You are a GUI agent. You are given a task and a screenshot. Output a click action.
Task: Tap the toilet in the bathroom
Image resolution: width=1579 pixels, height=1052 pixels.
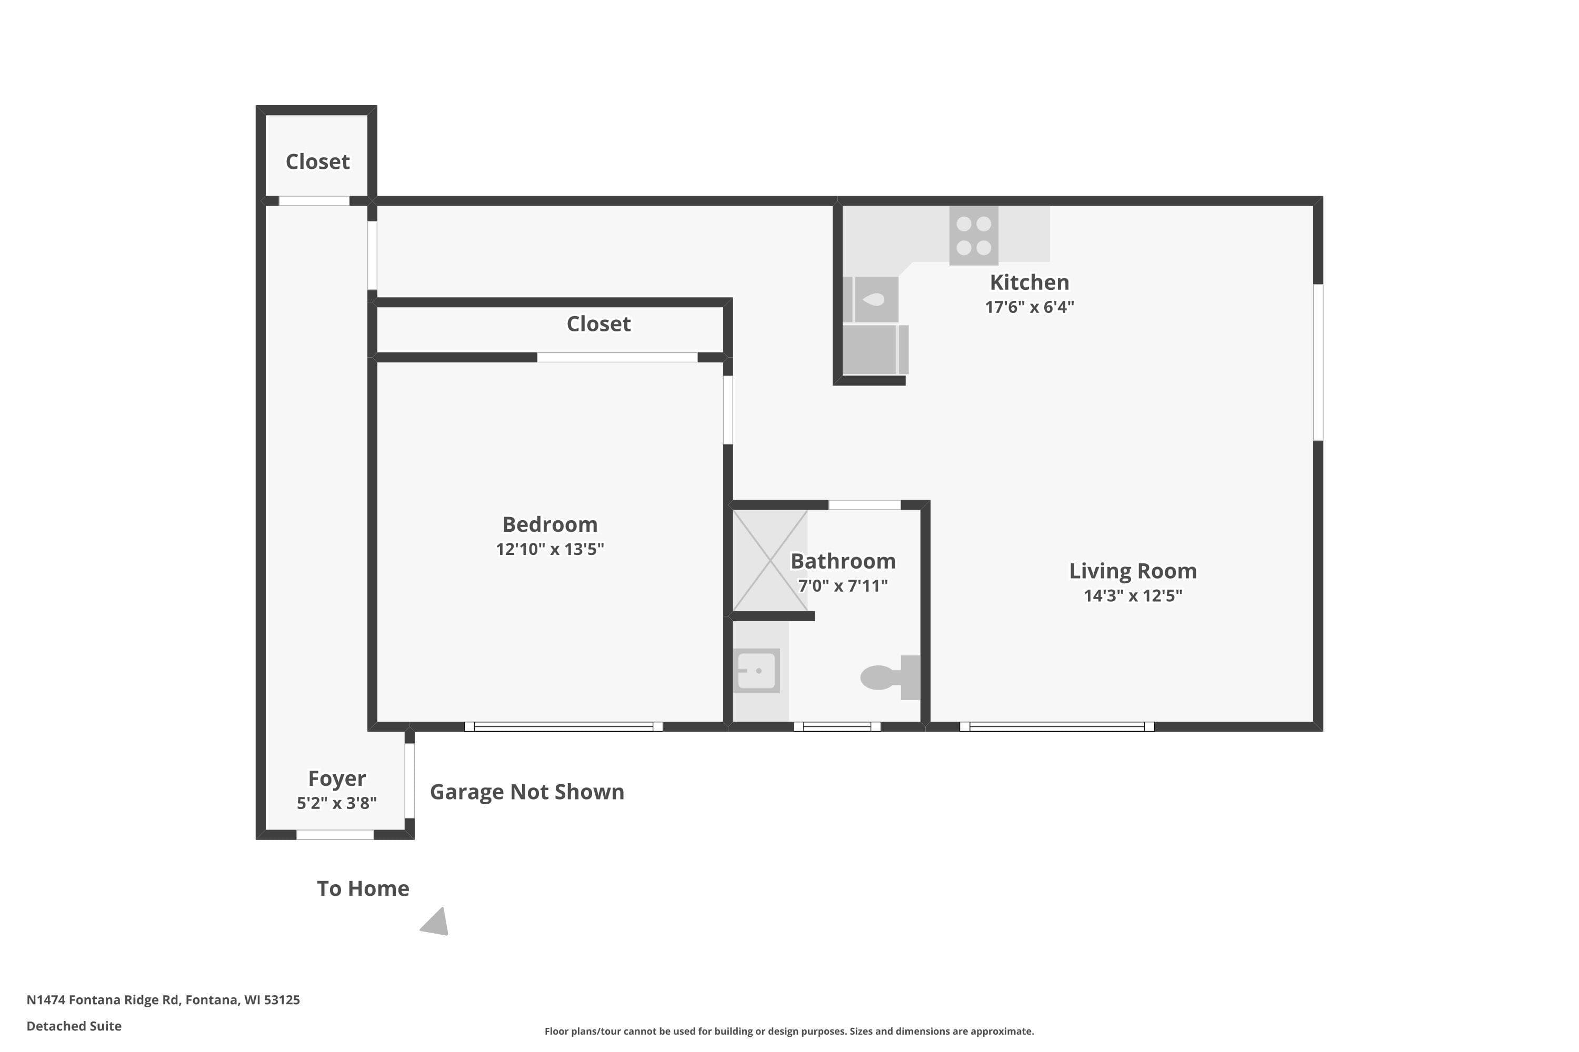[890, 677]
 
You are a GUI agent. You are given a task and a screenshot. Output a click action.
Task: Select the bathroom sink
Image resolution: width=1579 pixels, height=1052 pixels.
[757, 670]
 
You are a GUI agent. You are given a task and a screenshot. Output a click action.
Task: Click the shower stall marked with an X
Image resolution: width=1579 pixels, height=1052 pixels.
[770, 560]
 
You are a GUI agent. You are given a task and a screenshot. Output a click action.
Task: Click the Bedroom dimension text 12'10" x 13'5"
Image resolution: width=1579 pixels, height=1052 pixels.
[550, 550]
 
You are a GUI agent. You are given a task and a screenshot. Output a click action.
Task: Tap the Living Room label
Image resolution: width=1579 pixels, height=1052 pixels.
[1133, 571]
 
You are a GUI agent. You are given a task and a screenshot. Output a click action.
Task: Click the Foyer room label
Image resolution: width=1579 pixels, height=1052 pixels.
[337, 778]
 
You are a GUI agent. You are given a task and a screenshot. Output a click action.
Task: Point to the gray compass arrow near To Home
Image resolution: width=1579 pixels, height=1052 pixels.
[436, 923]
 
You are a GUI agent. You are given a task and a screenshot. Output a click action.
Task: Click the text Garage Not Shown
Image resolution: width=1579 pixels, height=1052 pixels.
[527, 792]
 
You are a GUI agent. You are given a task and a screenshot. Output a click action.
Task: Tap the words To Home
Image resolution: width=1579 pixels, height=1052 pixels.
[363, 888]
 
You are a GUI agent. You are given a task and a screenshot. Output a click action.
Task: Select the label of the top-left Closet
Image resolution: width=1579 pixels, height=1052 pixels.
[317, 161]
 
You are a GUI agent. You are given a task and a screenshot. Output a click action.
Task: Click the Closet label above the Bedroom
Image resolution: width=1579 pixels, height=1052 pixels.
[599, 324]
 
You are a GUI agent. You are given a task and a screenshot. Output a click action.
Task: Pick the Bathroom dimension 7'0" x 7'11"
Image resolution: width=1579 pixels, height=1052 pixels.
[843, 586]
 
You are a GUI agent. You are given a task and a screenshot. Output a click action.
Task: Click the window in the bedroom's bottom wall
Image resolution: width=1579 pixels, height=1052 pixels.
[564, 726]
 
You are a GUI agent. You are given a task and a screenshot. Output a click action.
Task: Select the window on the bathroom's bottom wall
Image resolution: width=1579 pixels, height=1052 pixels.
[837, 726]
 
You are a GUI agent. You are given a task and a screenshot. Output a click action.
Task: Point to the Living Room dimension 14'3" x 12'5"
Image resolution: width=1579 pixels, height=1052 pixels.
[1133, 596]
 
